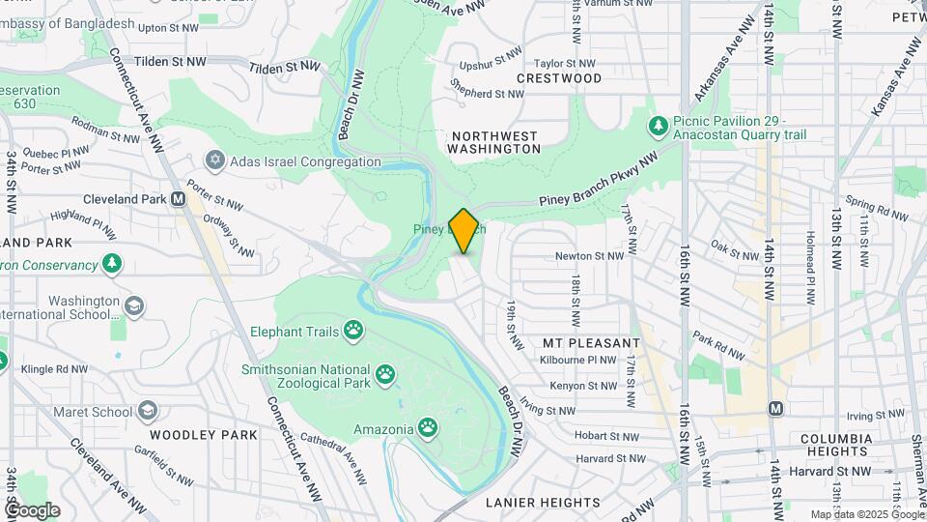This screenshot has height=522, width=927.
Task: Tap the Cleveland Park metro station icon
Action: pos(178,199)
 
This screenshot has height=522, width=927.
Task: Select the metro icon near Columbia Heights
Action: pos(775,408)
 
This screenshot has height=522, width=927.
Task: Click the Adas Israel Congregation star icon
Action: pos(214,160)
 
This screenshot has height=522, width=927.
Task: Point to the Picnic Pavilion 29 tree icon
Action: pos(659,127)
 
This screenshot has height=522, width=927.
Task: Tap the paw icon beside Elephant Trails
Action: pos(354,332)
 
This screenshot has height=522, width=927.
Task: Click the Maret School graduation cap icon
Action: pos(148,412)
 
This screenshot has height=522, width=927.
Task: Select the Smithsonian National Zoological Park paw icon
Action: pos(385,372)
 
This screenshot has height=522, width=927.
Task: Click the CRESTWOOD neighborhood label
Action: pos(559,78)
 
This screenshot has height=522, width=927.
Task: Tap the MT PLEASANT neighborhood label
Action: pos(591,343)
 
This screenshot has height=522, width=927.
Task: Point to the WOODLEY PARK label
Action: pos(204,435)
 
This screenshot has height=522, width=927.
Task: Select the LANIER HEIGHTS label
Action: pos(543,503)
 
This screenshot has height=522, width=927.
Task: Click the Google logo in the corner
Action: pos(32,510)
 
